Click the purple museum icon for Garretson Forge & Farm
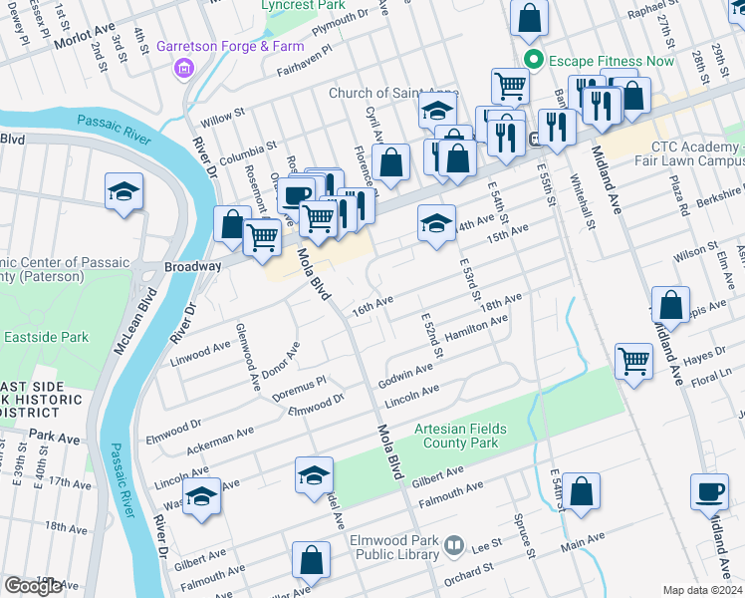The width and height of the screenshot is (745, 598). [182, 68]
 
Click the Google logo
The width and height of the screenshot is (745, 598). [34, 586]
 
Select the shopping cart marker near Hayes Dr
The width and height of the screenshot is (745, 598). [634, 362]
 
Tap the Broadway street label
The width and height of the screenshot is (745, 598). [192, 267]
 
